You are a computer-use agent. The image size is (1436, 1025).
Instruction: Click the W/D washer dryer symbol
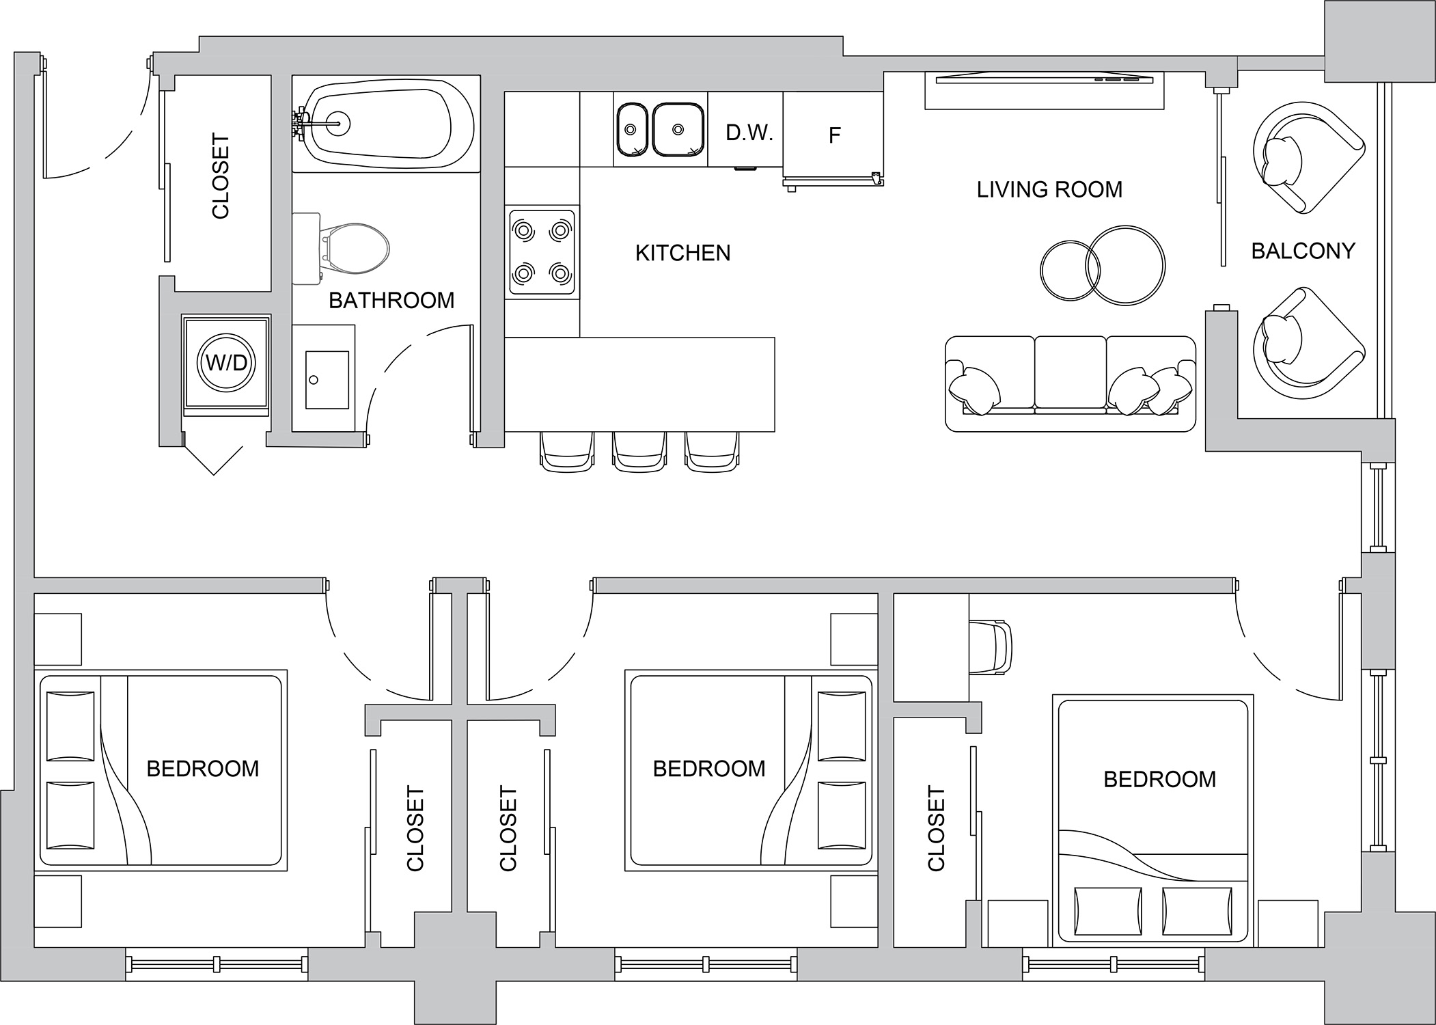[x=226, y=363]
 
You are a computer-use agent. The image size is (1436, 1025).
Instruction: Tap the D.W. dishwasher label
[x=749, y=133]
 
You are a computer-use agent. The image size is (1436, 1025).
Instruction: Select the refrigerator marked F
[x=833, y=135]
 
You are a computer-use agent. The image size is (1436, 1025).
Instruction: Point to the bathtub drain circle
[x=339, y=124]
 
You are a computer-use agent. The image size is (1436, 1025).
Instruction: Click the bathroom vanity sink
[x=327, y=380]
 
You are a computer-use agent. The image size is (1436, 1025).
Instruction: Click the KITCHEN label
[x=682, y=254]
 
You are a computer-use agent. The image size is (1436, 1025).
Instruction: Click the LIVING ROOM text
[x=1049, y=189]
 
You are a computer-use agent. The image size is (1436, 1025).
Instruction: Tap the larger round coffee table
[x=1126, y=265]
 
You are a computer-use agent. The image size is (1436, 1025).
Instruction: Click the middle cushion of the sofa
[x=1071, y=376]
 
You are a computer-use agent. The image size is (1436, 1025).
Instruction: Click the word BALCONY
[x=1303, y=251]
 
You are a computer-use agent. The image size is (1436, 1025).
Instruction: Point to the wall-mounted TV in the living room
[x=1044, y=80]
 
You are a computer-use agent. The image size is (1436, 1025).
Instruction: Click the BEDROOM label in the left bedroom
[x=203, y=769]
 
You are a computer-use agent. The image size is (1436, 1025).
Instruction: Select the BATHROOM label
[x=391, y=301]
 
